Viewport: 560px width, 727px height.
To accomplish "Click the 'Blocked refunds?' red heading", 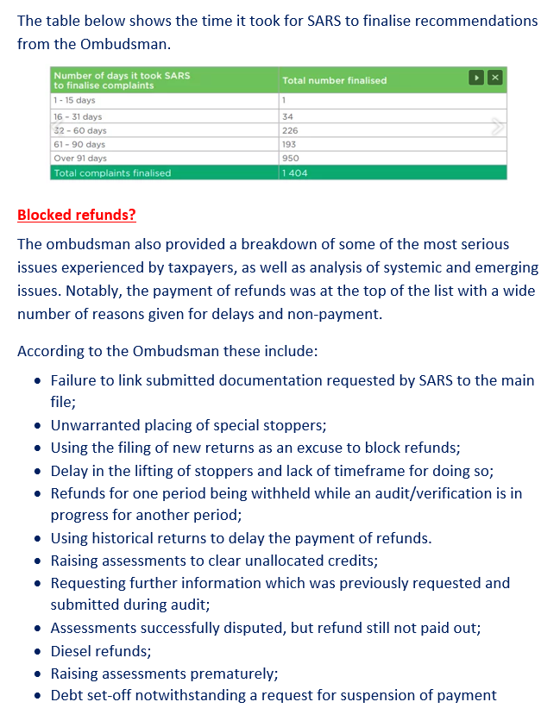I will pyautogui.click(x=77, y=215).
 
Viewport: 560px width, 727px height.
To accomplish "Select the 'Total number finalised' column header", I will pyautogui.click(x=334, y=80).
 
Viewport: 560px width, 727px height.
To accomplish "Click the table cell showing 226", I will pyautogui.click(x=290, y=130).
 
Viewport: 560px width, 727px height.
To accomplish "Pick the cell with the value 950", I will pyautogui.click(x=290, y=159).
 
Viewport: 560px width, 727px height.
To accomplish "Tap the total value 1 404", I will pyautogui.click(x=294, y=172).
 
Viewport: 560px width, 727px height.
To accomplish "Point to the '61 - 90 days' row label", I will pyautogui.click(x=79, y=144).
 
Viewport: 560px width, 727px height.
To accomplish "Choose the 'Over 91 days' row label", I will pyautogui.click(x=80, y=159).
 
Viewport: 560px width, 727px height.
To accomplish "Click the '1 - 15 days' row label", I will pyautogui.click(x=74, y=101).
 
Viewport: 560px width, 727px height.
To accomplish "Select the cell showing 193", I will pyautogui.click(x=289, y=144).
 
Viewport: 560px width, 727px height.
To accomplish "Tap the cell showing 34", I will pyautogui.click(x=287, y=116).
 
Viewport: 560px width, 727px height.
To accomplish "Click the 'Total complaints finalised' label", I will pyautogui.click(x=112, y=172).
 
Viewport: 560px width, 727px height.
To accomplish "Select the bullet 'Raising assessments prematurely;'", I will pyautogui.click(x=164, y=674).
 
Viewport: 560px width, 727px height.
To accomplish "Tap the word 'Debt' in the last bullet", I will pyautogui.click(x=67, y=695).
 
